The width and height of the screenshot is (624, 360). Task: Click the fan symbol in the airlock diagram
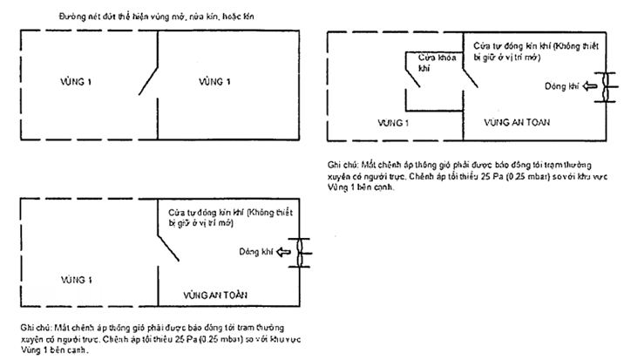point(605,87)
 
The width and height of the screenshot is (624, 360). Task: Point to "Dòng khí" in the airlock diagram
point(561,87)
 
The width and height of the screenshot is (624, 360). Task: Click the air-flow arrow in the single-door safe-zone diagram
point(281,252)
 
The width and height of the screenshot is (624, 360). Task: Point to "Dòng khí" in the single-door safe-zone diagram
point(254,253)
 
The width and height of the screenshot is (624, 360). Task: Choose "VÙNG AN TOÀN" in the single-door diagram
point(217,294)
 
